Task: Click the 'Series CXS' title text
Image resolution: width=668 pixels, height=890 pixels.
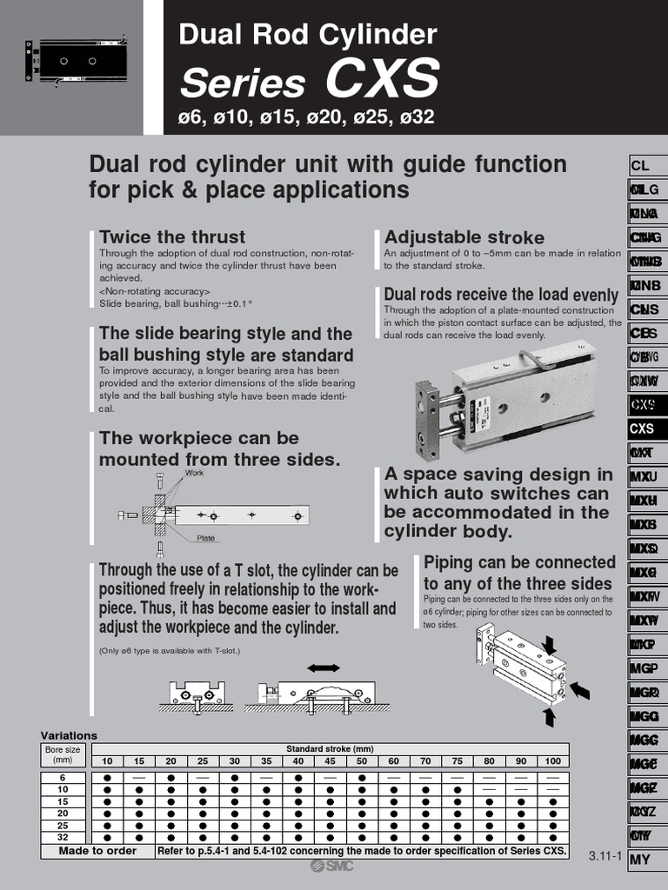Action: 309,81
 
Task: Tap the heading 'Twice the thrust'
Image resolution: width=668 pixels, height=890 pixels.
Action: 172,236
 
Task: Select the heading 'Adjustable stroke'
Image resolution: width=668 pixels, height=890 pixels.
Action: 464,237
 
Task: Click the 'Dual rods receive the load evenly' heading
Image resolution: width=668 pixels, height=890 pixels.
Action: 501,295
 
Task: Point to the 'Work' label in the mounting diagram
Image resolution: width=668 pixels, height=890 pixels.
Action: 194,473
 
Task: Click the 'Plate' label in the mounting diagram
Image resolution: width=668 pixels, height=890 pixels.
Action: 205,538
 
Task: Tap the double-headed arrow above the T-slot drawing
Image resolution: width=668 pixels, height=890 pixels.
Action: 323,667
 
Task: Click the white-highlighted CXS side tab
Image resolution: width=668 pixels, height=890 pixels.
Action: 643,428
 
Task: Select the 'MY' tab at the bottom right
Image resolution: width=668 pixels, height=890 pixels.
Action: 640,860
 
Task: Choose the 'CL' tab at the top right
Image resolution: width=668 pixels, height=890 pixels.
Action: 641,165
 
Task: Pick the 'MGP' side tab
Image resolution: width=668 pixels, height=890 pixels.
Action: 644,668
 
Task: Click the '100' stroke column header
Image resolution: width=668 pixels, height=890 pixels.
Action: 553,761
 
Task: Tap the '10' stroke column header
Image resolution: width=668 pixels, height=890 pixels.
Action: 107,761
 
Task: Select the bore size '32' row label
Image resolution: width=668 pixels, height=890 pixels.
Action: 63,837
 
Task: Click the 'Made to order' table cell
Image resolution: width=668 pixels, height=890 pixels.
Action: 97,851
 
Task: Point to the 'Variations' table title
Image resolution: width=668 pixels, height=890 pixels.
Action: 69,735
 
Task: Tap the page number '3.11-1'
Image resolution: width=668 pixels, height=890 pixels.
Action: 605,856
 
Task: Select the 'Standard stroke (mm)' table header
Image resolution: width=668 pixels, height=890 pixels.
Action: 330,749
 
